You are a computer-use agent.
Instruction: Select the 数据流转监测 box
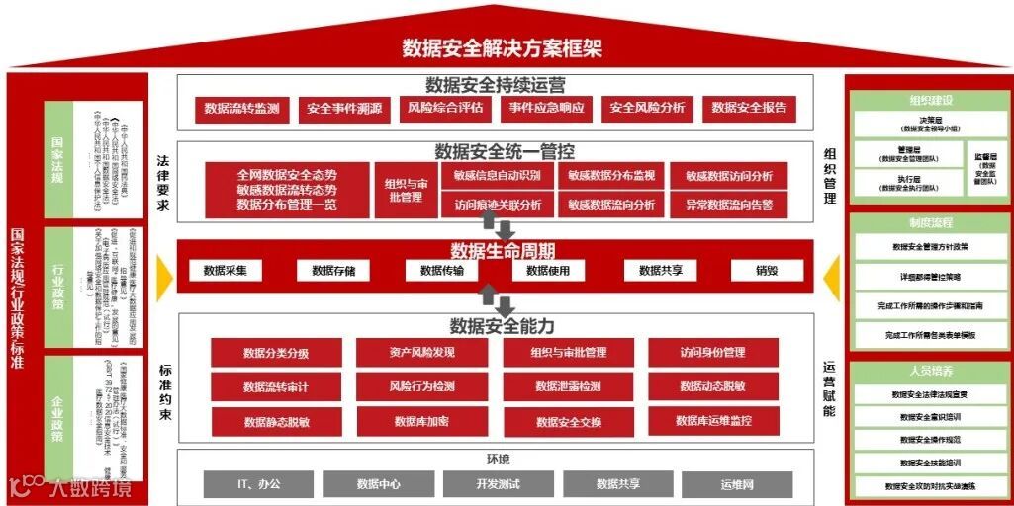click(241, 108)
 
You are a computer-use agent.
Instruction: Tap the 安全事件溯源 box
click(344, 108)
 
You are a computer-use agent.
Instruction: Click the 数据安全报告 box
click(749, 108)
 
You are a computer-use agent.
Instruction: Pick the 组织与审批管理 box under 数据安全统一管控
click(404, 190)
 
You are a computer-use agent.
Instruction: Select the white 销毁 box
click(767, 270)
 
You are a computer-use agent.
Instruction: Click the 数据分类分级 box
click(276, 353)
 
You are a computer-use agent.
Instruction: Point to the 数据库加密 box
click(421, 421)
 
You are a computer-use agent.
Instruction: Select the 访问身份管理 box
click(713, 353)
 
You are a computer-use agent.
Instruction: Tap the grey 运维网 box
click(737, 484)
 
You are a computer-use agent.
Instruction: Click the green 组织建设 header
click(930, 100)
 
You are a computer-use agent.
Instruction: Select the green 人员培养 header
click(930, 372)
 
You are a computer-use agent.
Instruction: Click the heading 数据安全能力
click(502, 326)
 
